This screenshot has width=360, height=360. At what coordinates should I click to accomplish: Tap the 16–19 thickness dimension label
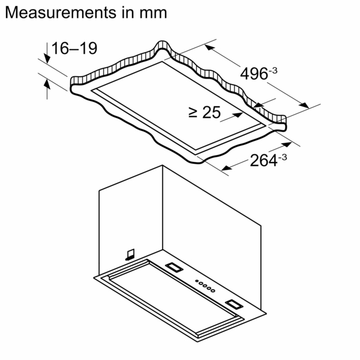pos(74,49)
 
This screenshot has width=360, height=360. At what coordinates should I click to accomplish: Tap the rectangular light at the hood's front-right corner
pos(233,303)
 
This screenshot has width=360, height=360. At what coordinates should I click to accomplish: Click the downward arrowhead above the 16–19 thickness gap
pos(46,58)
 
